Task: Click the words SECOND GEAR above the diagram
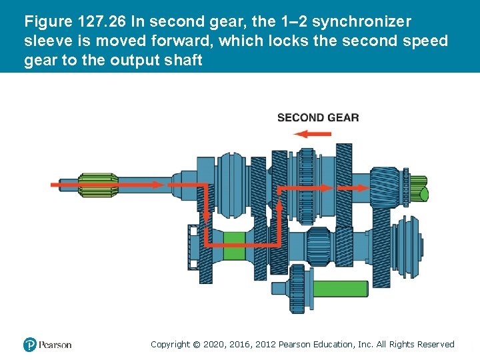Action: click(318, 118)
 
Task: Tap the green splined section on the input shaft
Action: click(98, 185)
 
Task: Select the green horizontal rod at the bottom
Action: click(340, 288)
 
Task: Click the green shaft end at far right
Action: click(421, 189)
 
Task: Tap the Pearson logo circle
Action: click(30, 345)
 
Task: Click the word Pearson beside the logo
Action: click(55, 345)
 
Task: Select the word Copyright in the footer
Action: click(170, 344)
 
